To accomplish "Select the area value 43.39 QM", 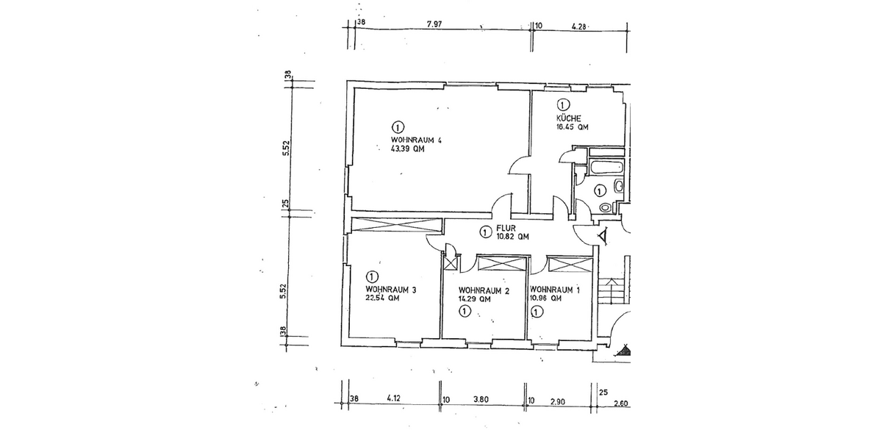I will (x=408, y=149).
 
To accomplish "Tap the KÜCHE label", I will (x=570, y=118).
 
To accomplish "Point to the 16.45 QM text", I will (x=573, y=127).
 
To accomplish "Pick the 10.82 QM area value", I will (x=512, y=237).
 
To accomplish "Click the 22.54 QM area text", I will (x=382, y=299).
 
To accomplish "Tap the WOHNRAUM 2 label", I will (x=484, y=290).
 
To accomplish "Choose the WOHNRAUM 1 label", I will (x=555, y=290).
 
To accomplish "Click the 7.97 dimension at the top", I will (x=434, y=24).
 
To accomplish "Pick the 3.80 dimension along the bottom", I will (x=481, y=401).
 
